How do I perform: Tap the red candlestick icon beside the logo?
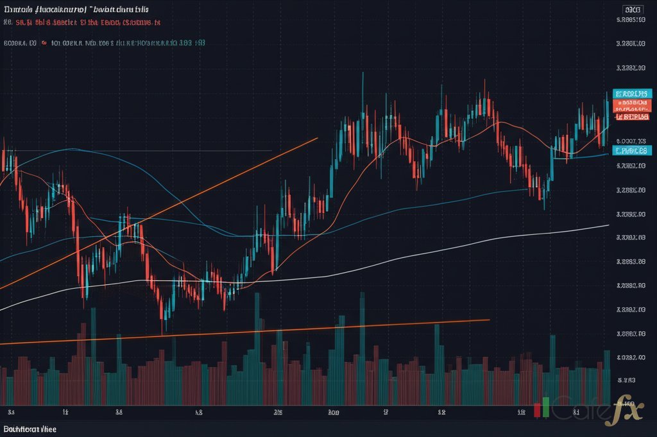(537, 410)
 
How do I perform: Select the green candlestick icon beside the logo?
(545, 406)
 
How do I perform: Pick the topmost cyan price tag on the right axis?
(632, 93)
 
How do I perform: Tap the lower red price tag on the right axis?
(632, 116)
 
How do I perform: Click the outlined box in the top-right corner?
(633, 10)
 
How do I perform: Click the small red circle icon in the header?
(44, 44)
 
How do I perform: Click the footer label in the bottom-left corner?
(30, 428)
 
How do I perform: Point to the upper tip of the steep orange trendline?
(317, 137)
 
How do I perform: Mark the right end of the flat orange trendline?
(489, 320)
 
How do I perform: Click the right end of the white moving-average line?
(608, 225)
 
